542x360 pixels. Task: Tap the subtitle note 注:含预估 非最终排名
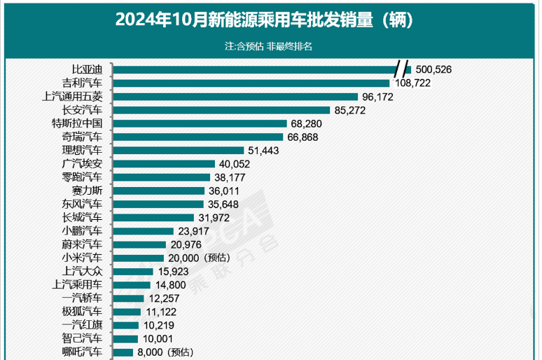(x=268, y=46)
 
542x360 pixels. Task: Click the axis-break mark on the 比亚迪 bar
(x=401, y=69)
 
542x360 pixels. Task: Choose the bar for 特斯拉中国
(x=200, y=123)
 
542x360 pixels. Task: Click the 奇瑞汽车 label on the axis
(x=82, y=137)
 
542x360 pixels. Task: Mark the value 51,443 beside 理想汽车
(x=267, y=151)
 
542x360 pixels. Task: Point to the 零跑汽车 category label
(x=82, y=177)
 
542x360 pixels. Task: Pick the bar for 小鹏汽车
(x=143, y=231)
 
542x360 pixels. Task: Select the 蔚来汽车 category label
(x=82, y=244)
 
